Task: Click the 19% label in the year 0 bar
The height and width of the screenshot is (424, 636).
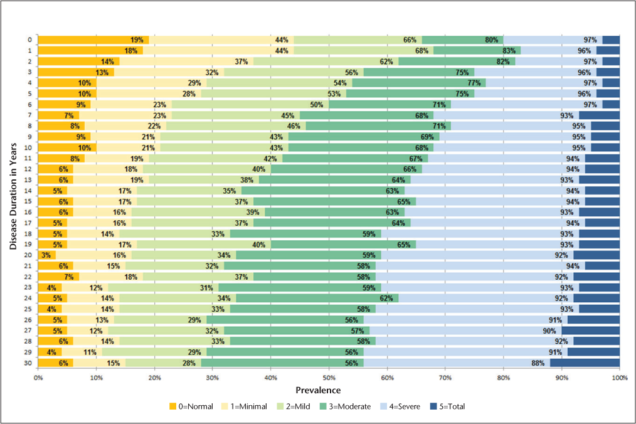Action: pyautogui.click(x=136, y=40)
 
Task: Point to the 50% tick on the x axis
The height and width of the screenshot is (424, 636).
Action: pyautogui.click(x=329, y=378)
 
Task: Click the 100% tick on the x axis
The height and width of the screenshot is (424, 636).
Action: pyautogui.click(x=619, y=378)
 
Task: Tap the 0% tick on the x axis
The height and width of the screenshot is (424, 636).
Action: pyautogui.click(x=38, y=378)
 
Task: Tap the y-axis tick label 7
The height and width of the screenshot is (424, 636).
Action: pyautogui.click(x=27, y=115)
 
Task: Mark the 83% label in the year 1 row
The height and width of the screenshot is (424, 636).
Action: pyautogui.click(x=509, y=51)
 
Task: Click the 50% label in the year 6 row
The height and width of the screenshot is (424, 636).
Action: pyautogui.click(x=317, y=104)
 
